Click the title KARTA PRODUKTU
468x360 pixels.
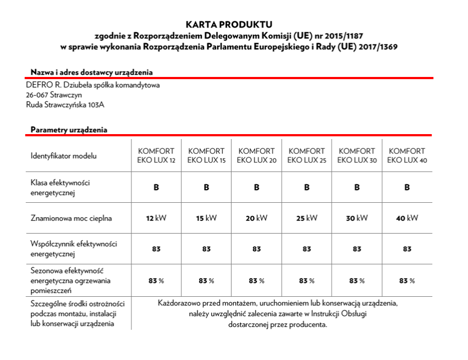point(229,25)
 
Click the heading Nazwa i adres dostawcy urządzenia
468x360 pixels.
point(92,72)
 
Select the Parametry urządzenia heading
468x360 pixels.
point(69,130)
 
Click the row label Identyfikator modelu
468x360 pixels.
point(64,156)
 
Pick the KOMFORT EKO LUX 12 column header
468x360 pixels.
point(156,156)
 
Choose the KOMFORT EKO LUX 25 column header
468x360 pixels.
point(307,156)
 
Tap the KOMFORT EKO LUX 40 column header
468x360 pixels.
point(407,156)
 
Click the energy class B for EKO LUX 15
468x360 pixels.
point(206,187)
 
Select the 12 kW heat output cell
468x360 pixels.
point(156,218)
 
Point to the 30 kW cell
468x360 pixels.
point(357,218)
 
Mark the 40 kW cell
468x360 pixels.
point(407,218)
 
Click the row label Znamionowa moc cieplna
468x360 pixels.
point(71,218)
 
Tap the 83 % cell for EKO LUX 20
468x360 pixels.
point(256,281)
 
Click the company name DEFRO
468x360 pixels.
point(37,85)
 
